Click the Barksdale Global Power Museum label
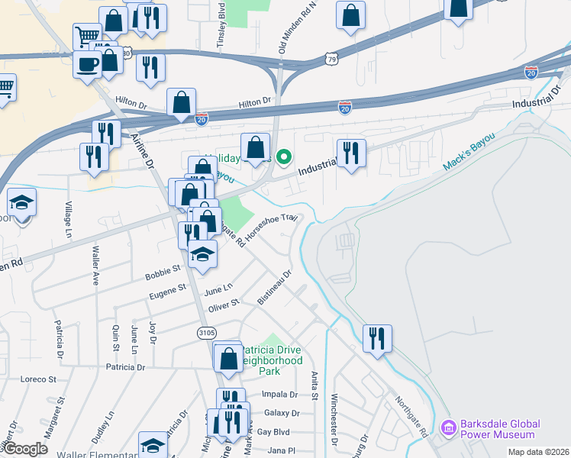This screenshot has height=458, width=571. coord(499,429)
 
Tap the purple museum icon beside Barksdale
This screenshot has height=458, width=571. coord(449,429)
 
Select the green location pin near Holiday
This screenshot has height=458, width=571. coord(284,158)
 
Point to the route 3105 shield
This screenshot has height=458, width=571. coord(206,333)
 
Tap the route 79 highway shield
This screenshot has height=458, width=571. coord(331,58)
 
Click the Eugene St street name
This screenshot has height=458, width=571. coord(171,289)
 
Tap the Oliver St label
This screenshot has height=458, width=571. coord(224,303)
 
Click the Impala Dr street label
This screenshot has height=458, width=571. coord(279,395)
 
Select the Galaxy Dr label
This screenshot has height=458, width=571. coord(282,413)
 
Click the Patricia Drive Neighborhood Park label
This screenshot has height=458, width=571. coord(272,360)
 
